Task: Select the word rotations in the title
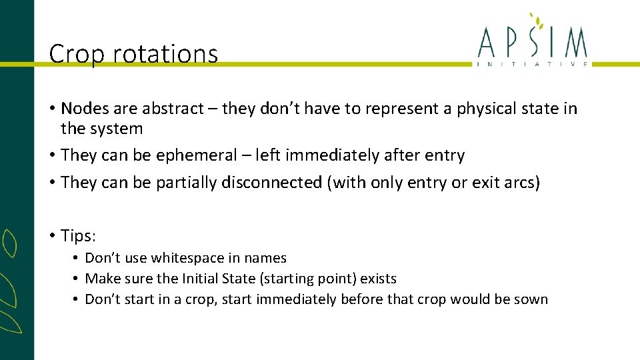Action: [166, 54]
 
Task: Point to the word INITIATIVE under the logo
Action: [533, 64]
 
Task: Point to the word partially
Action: [185, 183]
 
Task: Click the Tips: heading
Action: [79, 235]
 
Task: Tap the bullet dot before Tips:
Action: [52, 235]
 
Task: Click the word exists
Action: [378, 279]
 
